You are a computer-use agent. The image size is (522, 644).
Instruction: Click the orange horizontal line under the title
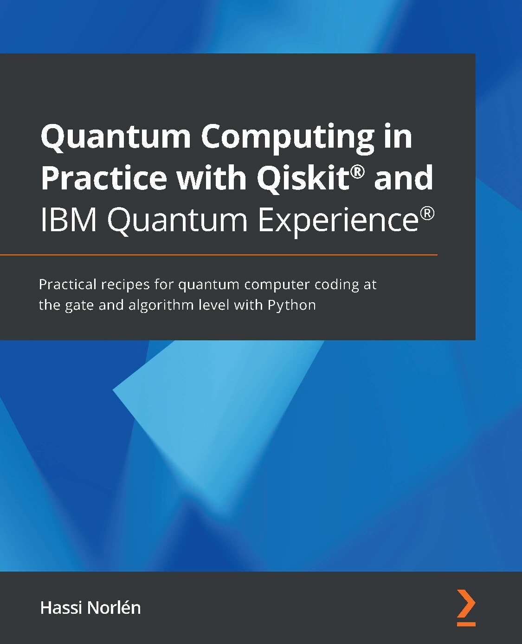point(218,255)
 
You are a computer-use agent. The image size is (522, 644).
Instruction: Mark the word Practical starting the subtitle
point(68,284)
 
